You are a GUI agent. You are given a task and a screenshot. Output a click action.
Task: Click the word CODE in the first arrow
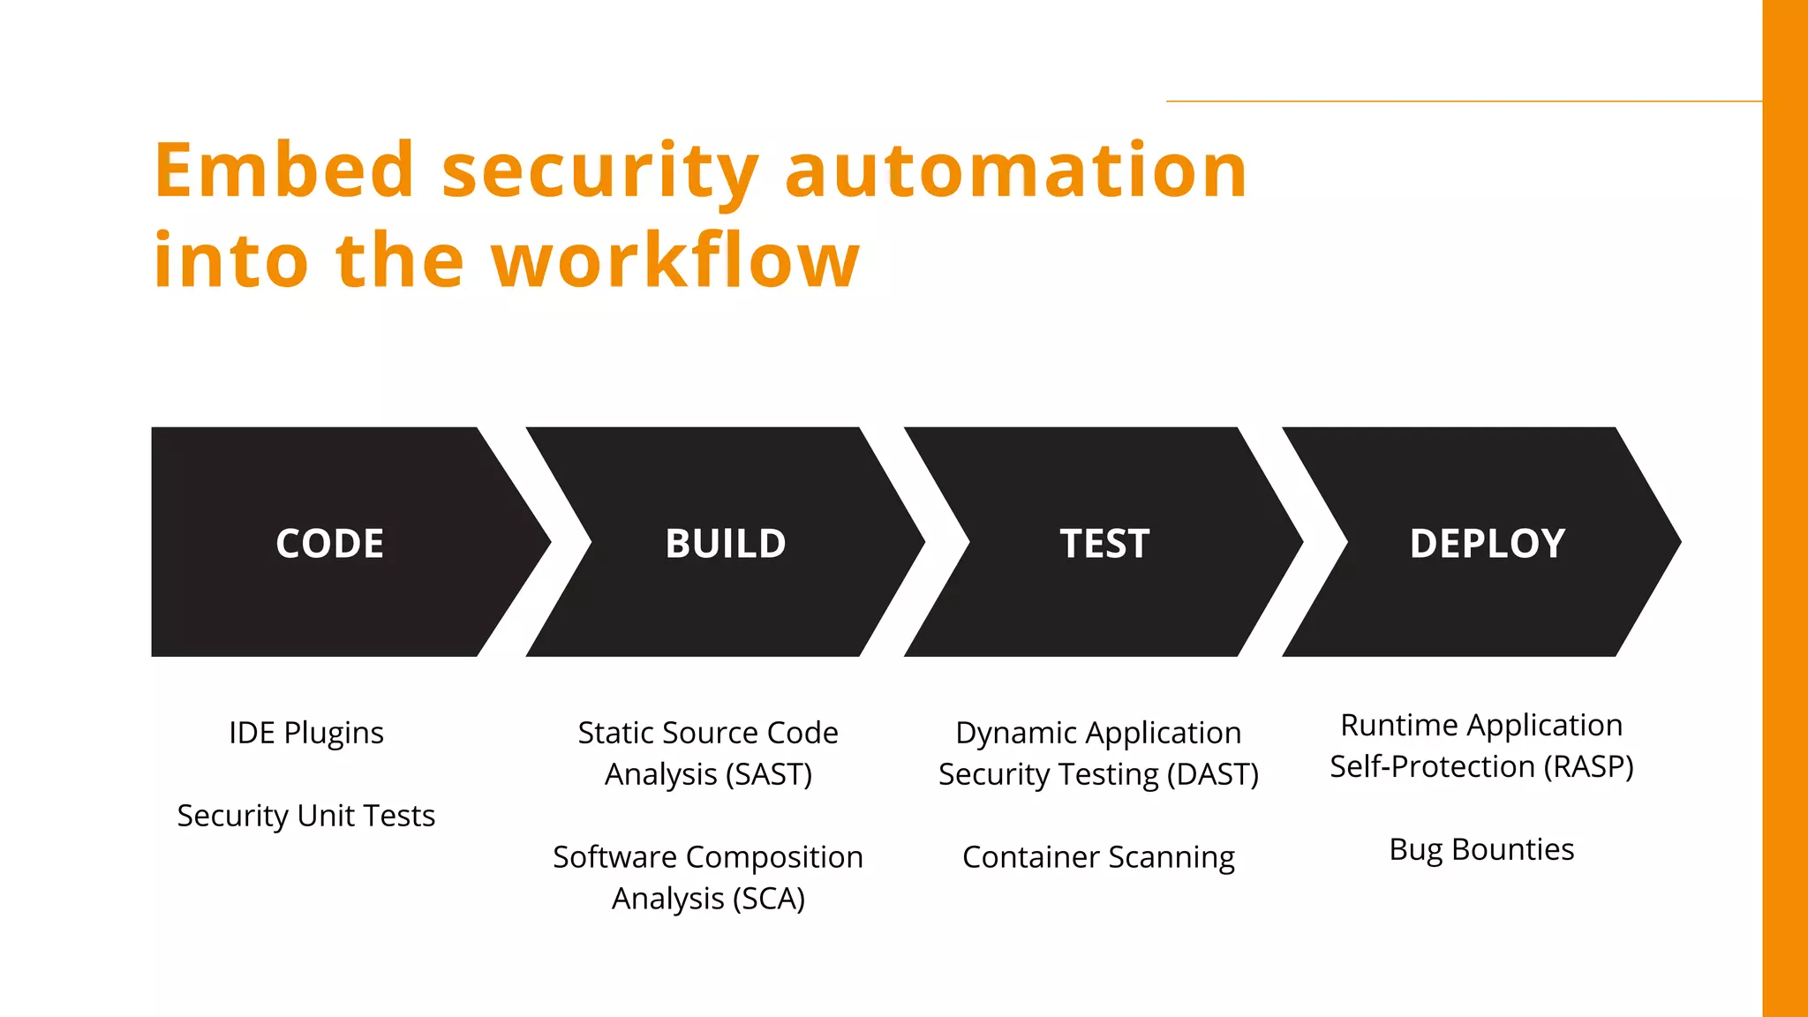329,543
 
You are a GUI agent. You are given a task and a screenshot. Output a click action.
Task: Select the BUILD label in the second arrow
725,543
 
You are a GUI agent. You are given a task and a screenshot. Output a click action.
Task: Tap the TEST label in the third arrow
1104,543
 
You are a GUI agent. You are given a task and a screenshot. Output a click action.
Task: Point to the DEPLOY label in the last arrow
1487,543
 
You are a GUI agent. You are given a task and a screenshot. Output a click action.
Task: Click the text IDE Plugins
305,733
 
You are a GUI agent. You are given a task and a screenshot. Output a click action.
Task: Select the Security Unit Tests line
305,816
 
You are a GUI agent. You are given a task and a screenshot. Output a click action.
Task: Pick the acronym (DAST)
1212,774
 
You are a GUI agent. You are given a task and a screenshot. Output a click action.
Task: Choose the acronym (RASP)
1588,766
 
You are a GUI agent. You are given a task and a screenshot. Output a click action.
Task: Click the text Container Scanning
1098,857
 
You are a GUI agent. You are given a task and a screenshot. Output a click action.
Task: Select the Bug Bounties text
1481,849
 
